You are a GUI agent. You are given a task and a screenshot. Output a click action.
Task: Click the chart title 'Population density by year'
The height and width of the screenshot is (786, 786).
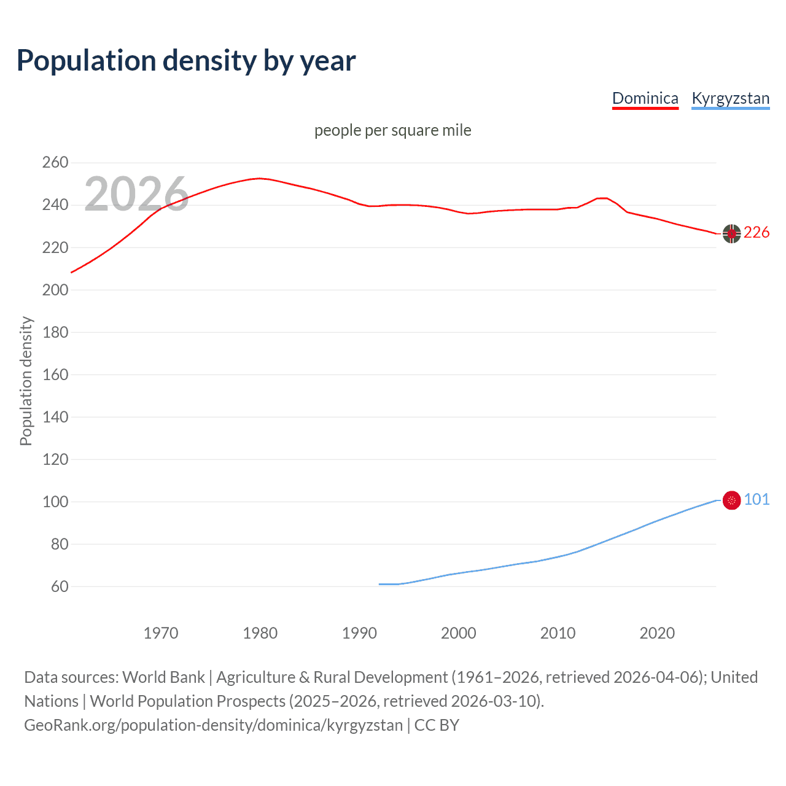(x=186, y=60)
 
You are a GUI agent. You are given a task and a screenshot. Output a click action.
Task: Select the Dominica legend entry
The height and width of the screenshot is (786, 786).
(x=645, y=98)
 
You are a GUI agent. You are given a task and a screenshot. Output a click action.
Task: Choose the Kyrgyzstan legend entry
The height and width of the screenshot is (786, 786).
(x=730, y=98)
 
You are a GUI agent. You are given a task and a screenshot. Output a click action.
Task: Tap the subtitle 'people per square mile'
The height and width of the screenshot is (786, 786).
(x=392, y=130)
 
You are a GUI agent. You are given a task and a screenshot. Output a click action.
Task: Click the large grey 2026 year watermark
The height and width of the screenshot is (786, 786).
(x=136, y=194)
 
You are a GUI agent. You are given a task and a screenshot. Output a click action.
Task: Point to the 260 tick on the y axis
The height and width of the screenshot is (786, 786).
(x=55, y=163)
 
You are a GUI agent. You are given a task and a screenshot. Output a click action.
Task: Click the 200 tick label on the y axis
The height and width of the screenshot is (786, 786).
(x=55, y=290)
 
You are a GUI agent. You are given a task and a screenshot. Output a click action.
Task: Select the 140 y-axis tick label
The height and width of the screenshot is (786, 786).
(x=55, y=417)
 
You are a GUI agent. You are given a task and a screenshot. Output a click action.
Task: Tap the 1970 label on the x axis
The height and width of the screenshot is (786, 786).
(x=160, y=633)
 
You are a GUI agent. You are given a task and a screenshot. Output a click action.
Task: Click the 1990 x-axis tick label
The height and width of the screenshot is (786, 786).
(x=359, y=633)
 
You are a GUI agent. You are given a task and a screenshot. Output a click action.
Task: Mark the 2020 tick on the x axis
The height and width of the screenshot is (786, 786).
(x=657, y=633)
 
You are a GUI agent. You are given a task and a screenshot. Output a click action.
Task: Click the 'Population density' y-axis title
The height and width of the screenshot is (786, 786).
(x=26, y=381)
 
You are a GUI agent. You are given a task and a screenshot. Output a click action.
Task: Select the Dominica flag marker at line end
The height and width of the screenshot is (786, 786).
(x=731, y=233)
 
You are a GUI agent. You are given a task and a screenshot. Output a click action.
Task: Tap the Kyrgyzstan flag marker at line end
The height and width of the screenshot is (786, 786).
(x=731, y=500)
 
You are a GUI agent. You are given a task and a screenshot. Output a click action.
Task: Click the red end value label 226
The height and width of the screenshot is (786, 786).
(x=757, y=232)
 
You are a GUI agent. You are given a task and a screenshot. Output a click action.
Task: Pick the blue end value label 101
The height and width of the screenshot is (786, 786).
(x=757, y=499)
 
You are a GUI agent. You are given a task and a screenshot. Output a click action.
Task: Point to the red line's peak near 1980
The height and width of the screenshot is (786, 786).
(x=260, y=178)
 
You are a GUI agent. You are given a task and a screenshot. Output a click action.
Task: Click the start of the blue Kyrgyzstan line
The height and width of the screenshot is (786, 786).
(x=380, y=584)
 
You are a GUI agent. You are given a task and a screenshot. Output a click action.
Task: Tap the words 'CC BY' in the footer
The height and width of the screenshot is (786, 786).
(x=437, y=725)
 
